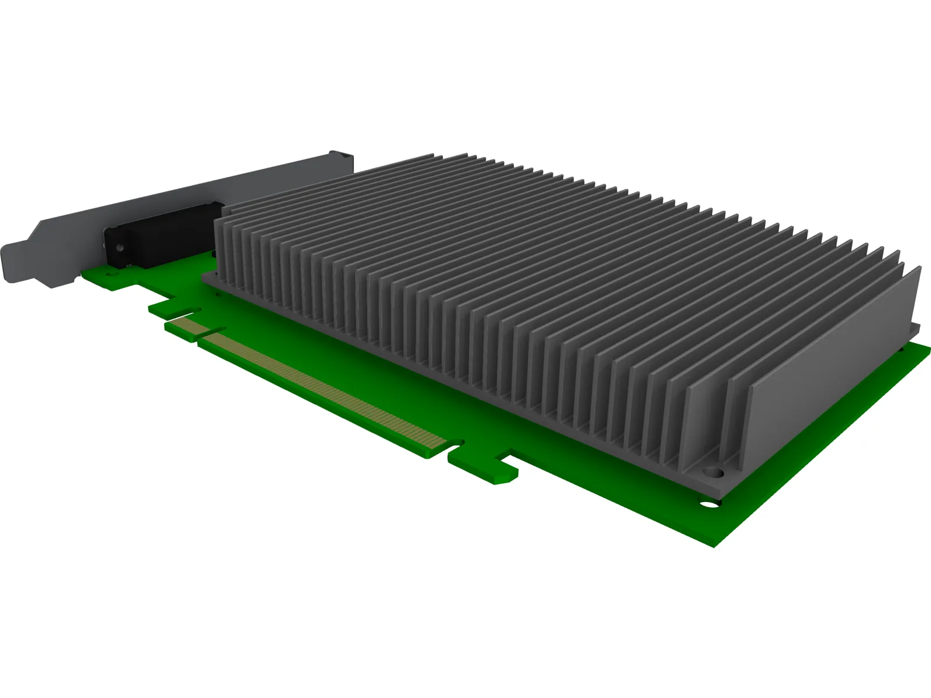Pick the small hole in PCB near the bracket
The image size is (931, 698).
click(108, 272)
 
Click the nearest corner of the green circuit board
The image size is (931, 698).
click(715, 546)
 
